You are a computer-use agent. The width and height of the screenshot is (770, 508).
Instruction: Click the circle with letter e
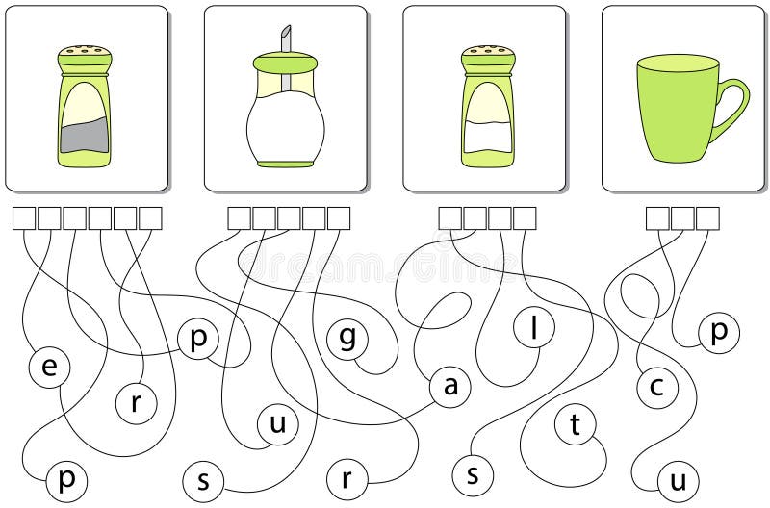coord(48,367)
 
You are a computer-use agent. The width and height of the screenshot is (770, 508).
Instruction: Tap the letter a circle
coord(449,387)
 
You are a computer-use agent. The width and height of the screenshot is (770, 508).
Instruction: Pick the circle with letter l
coord(532,327)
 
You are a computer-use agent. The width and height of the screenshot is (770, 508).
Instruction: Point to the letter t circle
coord(576,426)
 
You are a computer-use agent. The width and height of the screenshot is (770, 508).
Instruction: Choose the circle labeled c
coord(657,387)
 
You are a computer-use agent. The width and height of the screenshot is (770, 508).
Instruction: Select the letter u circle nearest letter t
coord(678,479)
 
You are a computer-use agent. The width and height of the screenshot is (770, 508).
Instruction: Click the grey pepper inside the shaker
coord(84,139)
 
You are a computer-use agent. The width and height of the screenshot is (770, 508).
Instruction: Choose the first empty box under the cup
coord(657,218)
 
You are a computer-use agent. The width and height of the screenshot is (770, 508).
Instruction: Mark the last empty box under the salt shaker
coord(525,218)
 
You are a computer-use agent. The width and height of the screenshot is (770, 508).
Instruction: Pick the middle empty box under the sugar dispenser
coord(289,218)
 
